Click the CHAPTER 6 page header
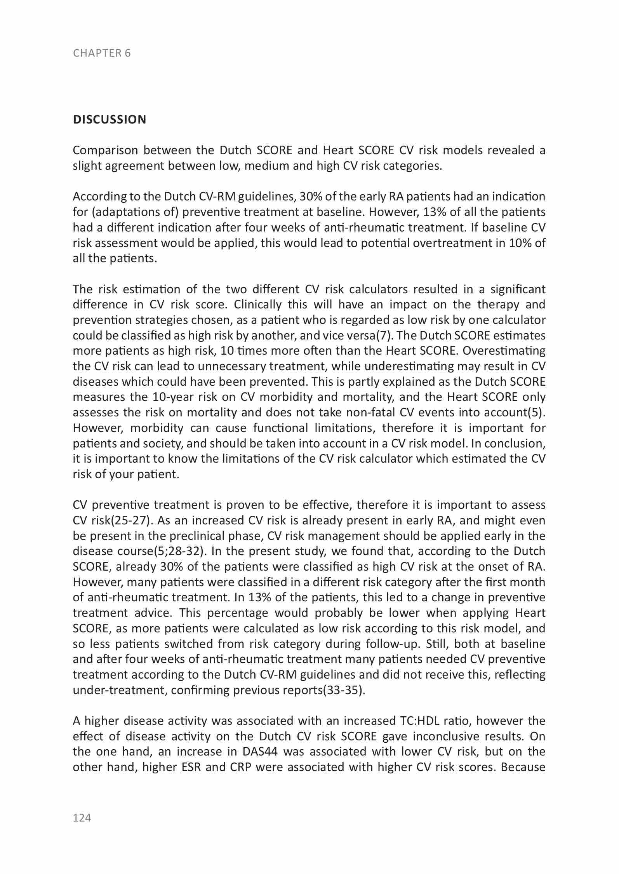click(102, 53)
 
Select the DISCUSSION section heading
click(110, 120)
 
